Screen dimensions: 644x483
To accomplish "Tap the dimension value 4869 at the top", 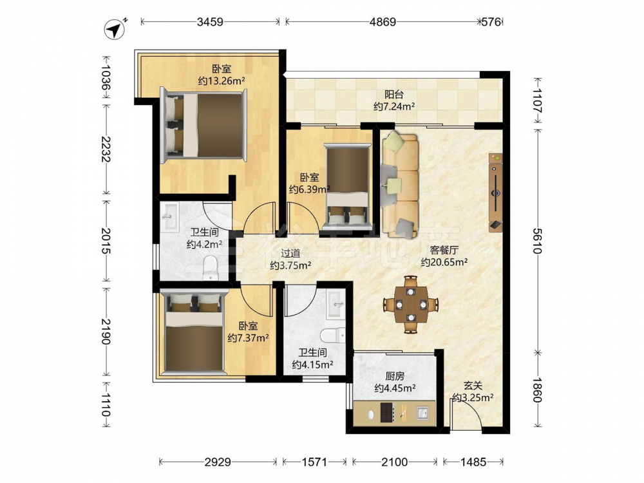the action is (x=383, y=22).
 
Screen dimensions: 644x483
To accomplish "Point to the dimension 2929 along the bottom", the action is (x=218, y=462).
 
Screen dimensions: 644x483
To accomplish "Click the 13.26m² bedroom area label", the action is (x=222, y=81).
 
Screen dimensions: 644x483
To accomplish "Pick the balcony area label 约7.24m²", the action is (x=394, y=107).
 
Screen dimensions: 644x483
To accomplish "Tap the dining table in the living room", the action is (x=411, y=305).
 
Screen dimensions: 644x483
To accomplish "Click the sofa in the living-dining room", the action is (x=400, y=184).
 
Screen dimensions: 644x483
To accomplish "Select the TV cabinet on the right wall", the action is (x=495, y=192).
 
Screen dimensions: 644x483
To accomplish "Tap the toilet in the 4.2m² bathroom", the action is (x=211, y=267).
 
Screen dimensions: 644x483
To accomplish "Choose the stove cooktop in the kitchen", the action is (x=387, y=412).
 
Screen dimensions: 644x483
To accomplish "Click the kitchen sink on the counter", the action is (x=422, y=412).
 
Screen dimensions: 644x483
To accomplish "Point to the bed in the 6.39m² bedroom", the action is (x=347, y=185).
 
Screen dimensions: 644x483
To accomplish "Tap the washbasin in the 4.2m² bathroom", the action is (x=170, y=216).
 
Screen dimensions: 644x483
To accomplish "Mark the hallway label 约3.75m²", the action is (x=290, y=266).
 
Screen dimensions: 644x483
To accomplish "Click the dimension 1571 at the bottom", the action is (x=315, y=462).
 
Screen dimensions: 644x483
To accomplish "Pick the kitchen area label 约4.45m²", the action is (x=395, y=388).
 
